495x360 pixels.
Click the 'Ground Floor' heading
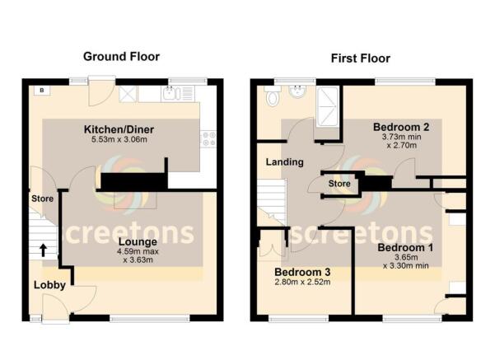click(x=121, y=57)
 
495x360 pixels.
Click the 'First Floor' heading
click(x=361, y=58)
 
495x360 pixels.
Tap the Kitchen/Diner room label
click(x=120, y=130)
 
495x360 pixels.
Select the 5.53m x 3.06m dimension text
click(x=120, y=141)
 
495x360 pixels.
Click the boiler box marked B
click(x=39, y=89)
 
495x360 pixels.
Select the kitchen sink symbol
click(x=170, y=94)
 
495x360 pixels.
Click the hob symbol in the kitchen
click(x=208, y=138)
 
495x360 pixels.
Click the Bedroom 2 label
click(x=401, y=127)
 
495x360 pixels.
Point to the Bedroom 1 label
click(x=405, y=246)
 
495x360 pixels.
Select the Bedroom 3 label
click(x=302, y=272)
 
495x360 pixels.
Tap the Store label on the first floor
click(x=339, y=183)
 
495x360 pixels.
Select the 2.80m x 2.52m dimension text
click(x=302, y=283)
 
